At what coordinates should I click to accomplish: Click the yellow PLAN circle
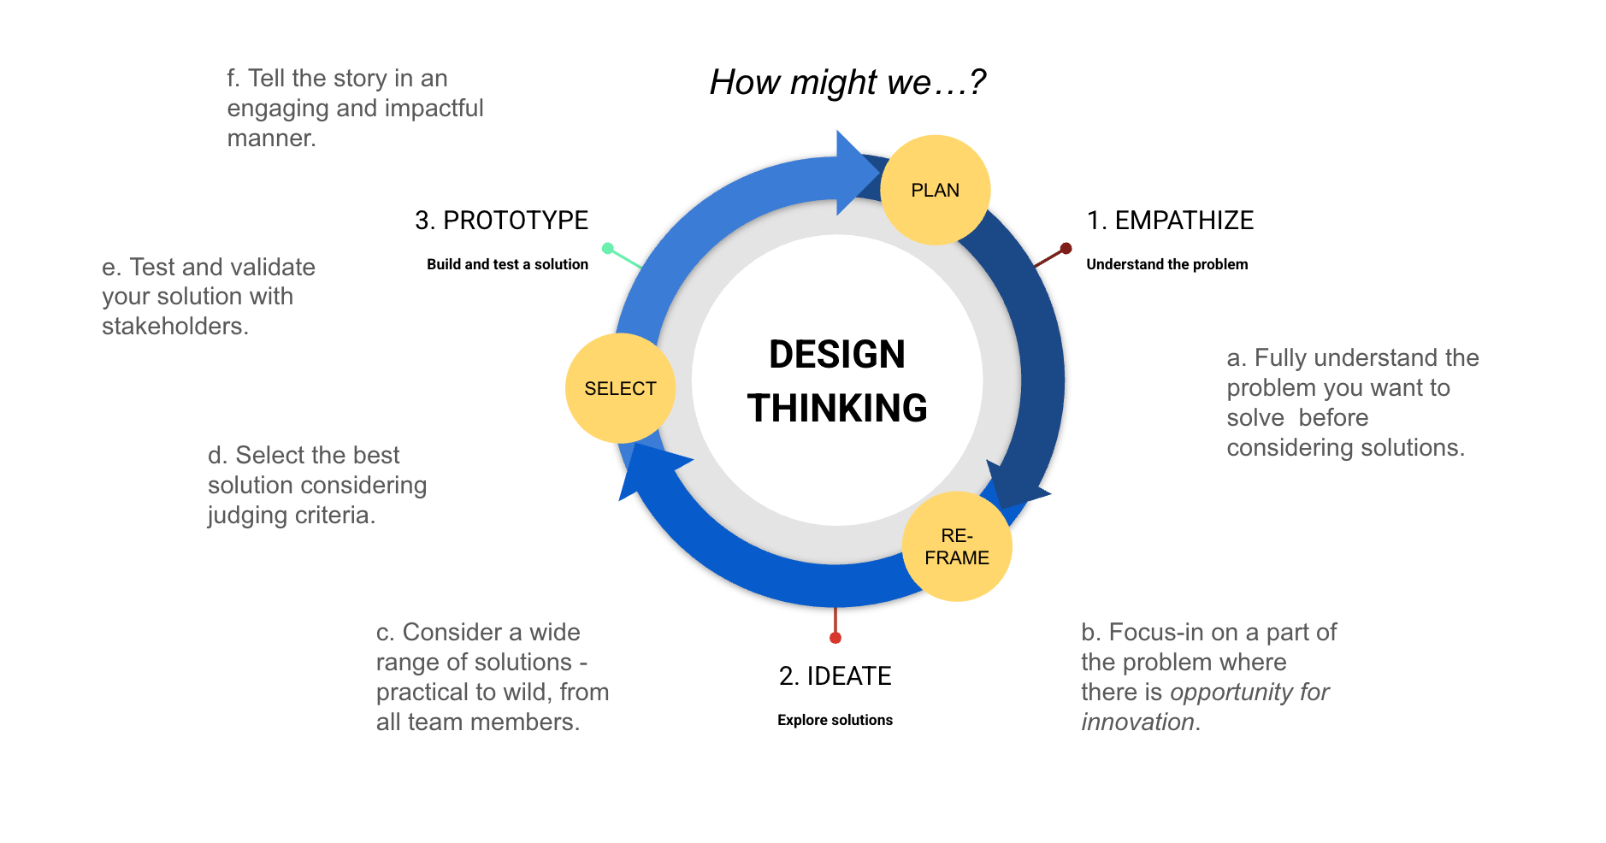(x=935, y=190)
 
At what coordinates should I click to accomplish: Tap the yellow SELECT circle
(x=620, y=388)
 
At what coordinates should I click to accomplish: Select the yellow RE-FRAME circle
(x=957, y=546)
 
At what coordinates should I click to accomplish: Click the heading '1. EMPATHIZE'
(x=1169, y=221)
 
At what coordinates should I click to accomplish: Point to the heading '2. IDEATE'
(x=835, y=676)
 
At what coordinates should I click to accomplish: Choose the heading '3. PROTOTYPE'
(x=501, y=221)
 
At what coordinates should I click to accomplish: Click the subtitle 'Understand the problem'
(x=1166, y=264)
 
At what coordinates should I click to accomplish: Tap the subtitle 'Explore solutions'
(x=835, y=720)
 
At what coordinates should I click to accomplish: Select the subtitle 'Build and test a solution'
(x=507, y=264)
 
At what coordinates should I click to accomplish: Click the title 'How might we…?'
(x=847, y=82)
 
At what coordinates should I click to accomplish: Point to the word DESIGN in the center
(x=836, y=355)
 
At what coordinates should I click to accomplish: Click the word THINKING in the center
(x=836, y=409)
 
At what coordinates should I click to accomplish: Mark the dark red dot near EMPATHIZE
(x=1066, y=249)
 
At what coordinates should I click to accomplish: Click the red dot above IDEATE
(x=835, y=638)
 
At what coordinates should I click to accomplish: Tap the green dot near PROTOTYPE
(x=608, y=249)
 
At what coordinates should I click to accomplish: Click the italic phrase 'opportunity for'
(x=1249, y=692)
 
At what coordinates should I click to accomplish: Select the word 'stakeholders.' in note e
(x=175, y=327)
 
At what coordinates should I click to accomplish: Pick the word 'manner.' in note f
(x=271, y=139)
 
